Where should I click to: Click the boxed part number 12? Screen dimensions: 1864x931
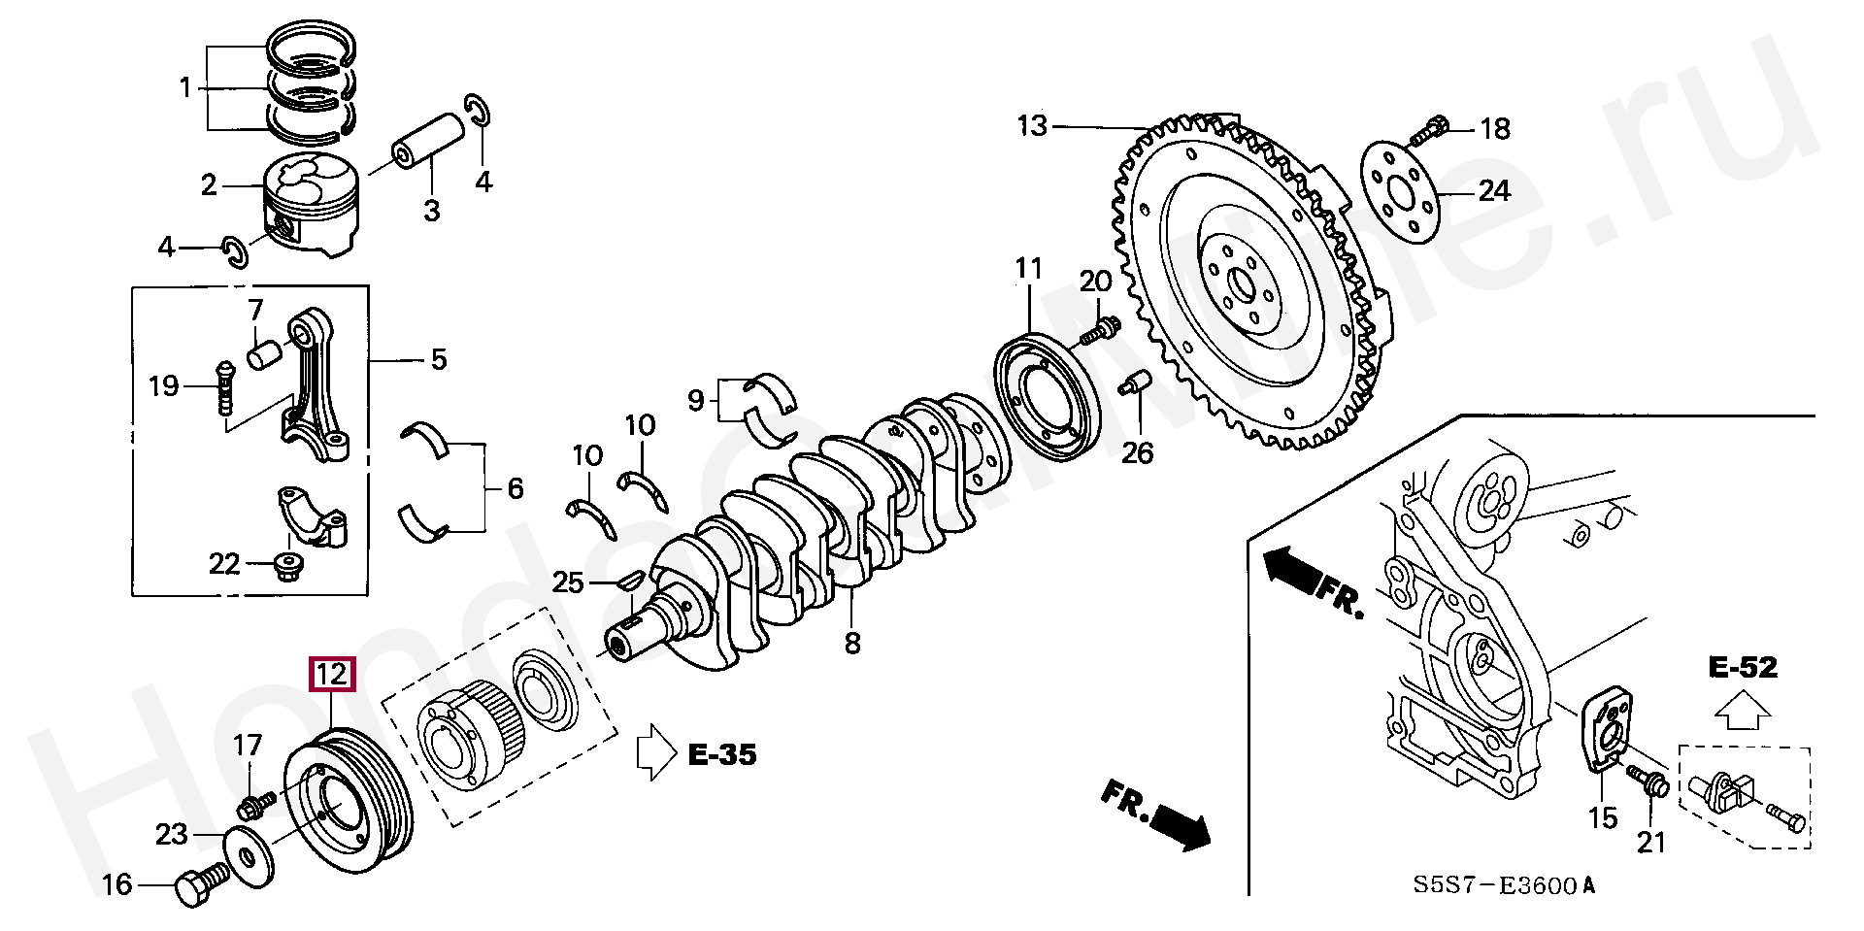coord(332,674)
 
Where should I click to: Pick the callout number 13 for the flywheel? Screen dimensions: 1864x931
coord(1033,126)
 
